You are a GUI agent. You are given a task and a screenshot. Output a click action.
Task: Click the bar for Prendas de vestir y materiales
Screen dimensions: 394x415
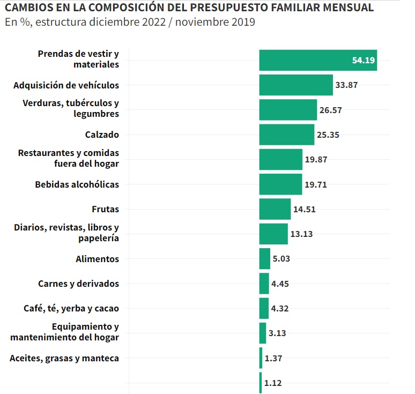click(x=317, y=60)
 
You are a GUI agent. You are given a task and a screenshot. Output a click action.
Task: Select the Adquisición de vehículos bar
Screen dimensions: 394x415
click(x=296, y=85)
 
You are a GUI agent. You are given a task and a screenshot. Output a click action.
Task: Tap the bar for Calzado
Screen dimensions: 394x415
click(x=286, y=135)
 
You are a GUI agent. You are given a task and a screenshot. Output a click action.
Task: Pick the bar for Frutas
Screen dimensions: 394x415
click(x=275, y=209)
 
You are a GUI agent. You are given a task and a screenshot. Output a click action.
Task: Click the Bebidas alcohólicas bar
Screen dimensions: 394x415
click(x=280, y=184)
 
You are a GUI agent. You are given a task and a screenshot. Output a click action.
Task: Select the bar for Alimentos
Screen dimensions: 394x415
click(x=264, y=259)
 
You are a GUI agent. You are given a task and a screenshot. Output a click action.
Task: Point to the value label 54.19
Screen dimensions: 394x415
click(x=363, y=60)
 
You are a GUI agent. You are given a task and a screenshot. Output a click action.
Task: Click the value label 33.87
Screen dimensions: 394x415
click(x=347, y=85)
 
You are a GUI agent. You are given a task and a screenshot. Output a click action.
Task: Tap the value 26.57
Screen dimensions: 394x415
click(x=331, y=110)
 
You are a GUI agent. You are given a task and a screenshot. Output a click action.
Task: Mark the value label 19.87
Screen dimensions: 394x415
click(x=316, y=160)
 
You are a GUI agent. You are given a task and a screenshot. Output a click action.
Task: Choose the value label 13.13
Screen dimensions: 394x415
click(x=302, y=234)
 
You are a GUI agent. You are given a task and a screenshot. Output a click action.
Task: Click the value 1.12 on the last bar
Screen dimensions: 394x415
click(x=273, y=383)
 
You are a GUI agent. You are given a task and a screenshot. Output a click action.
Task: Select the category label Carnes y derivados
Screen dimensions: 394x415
click(x=78, y=284)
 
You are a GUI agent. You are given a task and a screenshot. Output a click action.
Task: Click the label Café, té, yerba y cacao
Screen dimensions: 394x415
click(x=71, y=308)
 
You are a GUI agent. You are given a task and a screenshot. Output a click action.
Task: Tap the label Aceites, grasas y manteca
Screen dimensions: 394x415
click(x=64, y=358)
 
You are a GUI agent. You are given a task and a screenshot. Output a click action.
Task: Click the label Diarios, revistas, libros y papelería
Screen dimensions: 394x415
click(x=66, y=233)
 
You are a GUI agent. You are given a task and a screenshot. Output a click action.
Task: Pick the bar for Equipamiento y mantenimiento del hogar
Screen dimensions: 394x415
click(x=262, y=333)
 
